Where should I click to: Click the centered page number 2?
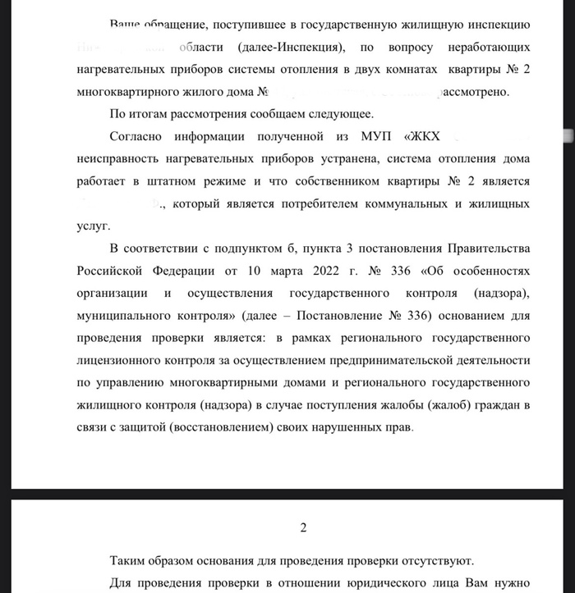tap(303, 527)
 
